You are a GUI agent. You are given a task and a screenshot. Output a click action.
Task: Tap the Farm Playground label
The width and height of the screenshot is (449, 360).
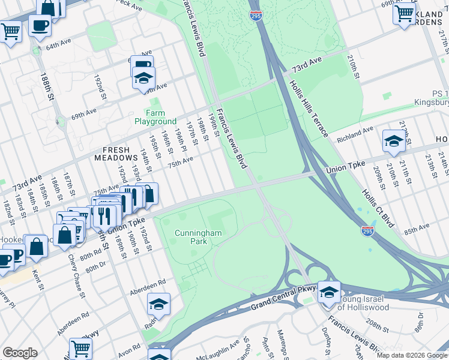pyautogui.click(x=155, y=117)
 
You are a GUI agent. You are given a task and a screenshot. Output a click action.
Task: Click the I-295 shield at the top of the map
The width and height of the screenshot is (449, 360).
pyautogui.click(x=255, y=17)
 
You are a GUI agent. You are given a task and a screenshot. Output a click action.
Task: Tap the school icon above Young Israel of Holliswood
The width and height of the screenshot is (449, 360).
pyautogui.click(x=329, y=292)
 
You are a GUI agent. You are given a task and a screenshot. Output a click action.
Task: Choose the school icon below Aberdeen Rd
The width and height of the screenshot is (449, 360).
pyautogui.click(x=158, y=304)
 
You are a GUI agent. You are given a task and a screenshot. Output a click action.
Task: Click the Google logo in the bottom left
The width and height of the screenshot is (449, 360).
pyautogui.click(x=20, y=353)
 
